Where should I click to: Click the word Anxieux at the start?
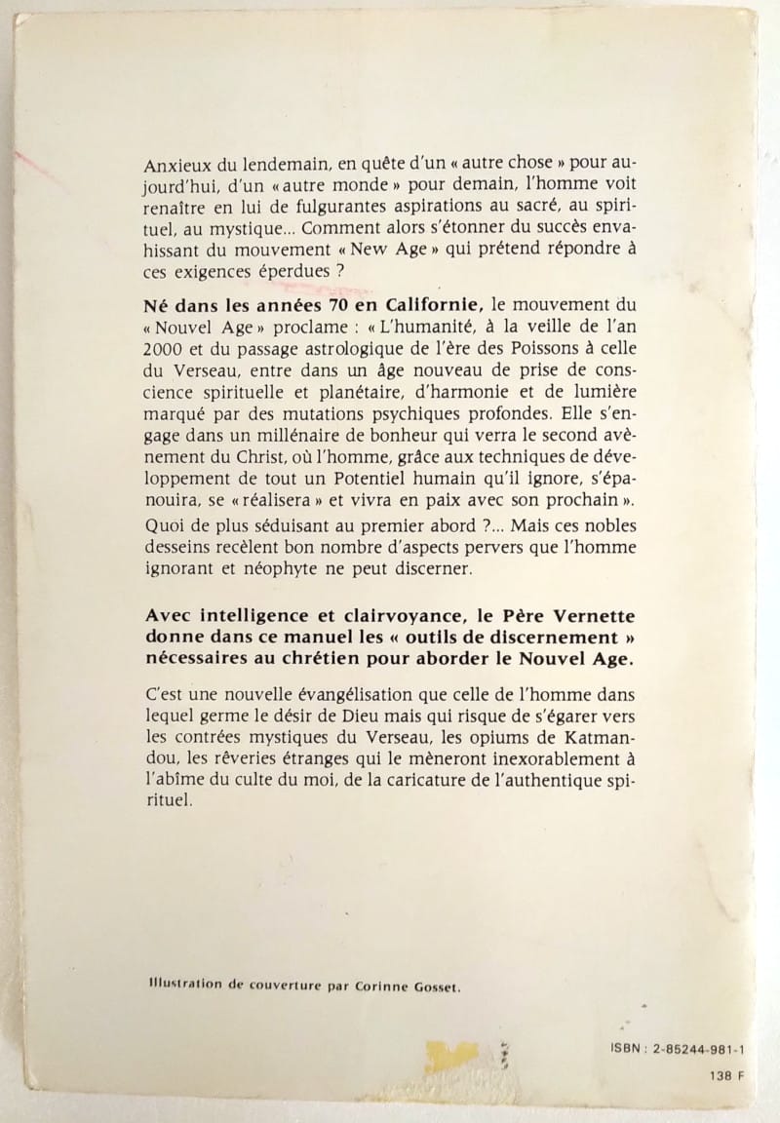click(175, 165)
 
